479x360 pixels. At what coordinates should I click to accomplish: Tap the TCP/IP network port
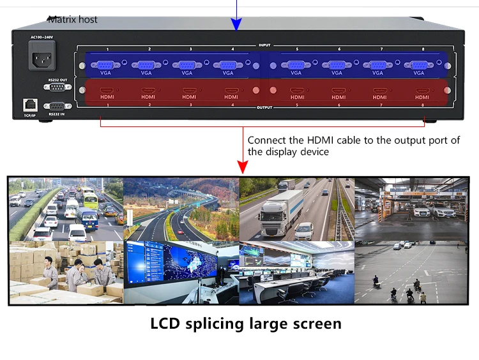pyautogui.click(x=29, y=104)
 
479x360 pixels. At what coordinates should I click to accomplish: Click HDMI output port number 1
pyautogui.click(x=107, y=91)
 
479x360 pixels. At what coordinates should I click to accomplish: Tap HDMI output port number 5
pyautogui.click(x=296, y=91)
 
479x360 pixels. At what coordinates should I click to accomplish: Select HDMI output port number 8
pyautogui.click(x=422, y=91)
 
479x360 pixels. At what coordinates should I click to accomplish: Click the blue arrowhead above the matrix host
pyautogui.click(x=237, y=24)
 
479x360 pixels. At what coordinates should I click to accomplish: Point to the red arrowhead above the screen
pyautogui.click(x=243, y=167)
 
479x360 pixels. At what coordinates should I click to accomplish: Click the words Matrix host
pyautogui.click(x=73, y=19)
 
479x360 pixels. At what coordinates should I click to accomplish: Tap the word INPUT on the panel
pyautogui.click(x=264, y=45)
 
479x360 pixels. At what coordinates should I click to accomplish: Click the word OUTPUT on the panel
pyautogui.click(x=264, y=107)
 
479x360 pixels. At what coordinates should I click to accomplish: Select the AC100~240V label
pyautogui.click(x=42, y=37)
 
